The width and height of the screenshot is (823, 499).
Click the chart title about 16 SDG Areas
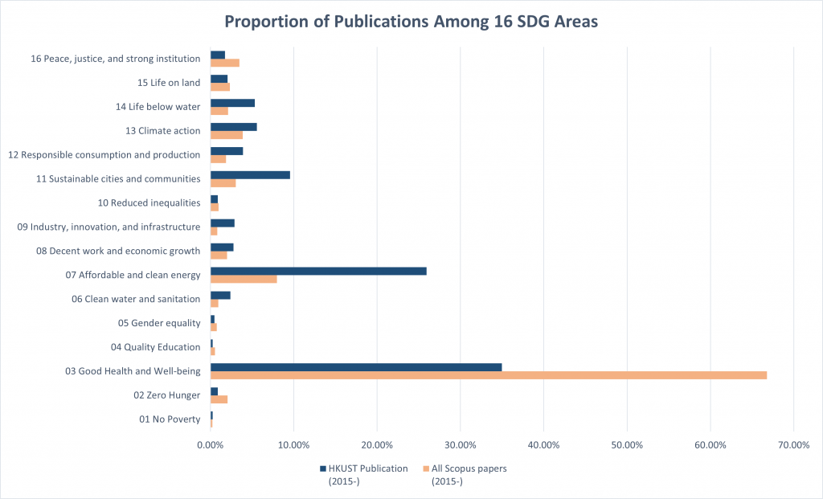(411, 22)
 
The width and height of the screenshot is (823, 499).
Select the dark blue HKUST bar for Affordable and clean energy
(318, 271)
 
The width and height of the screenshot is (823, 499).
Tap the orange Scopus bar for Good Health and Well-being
(489, 375)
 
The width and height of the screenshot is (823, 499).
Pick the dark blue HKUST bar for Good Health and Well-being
(356, 367)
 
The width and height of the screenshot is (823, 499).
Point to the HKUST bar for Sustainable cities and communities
(250, 174)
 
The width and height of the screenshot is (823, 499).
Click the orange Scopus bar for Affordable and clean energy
(244, 279)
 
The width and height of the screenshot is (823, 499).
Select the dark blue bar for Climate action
(233, 126)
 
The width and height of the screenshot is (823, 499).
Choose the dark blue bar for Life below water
(232, 102)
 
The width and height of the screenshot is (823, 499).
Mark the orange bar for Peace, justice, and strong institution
(225, 63)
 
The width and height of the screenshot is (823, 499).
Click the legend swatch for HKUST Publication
(322, 468)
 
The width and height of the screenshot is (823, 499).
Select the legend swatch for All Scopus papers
(425, 468)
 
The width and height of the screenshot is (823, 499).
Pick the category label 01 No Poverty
(170, 419)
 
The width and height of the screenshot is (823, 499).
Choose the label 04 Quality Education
(155, 347)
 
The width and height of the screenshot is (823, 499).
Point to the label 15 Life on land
(169, 82)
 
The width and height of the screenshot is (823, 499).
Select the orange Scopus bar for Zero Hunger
(219, 399)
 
